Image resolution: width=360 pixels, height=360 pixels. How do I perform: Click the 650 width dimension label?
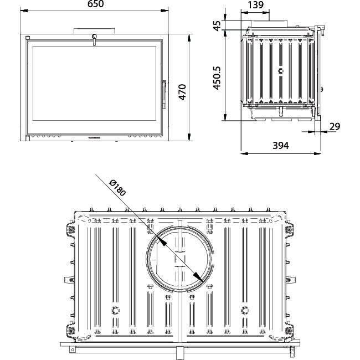95,4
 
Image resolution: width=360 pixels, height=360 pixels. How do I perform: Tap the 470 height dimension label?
183,92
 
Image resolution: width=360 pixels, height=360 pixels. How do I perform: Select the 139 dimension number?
256,5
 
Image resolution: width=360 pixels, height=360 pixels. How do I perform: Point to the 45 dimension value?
217,25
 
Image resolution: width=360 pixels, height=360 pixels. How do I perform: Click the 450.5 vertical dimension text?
217,78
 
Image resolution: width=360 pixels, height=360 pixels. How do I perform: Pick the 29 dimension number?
335,126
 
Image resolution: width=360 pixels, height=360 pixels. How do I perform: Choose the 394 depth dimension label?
281,145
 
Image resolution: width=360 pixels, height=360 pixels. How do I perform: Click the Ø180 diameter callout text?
117,188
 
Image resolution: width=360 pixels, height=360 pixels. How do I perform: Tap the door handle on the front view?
164,95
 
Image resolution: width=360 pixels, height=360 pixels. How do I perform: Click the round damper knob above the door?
94,37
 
